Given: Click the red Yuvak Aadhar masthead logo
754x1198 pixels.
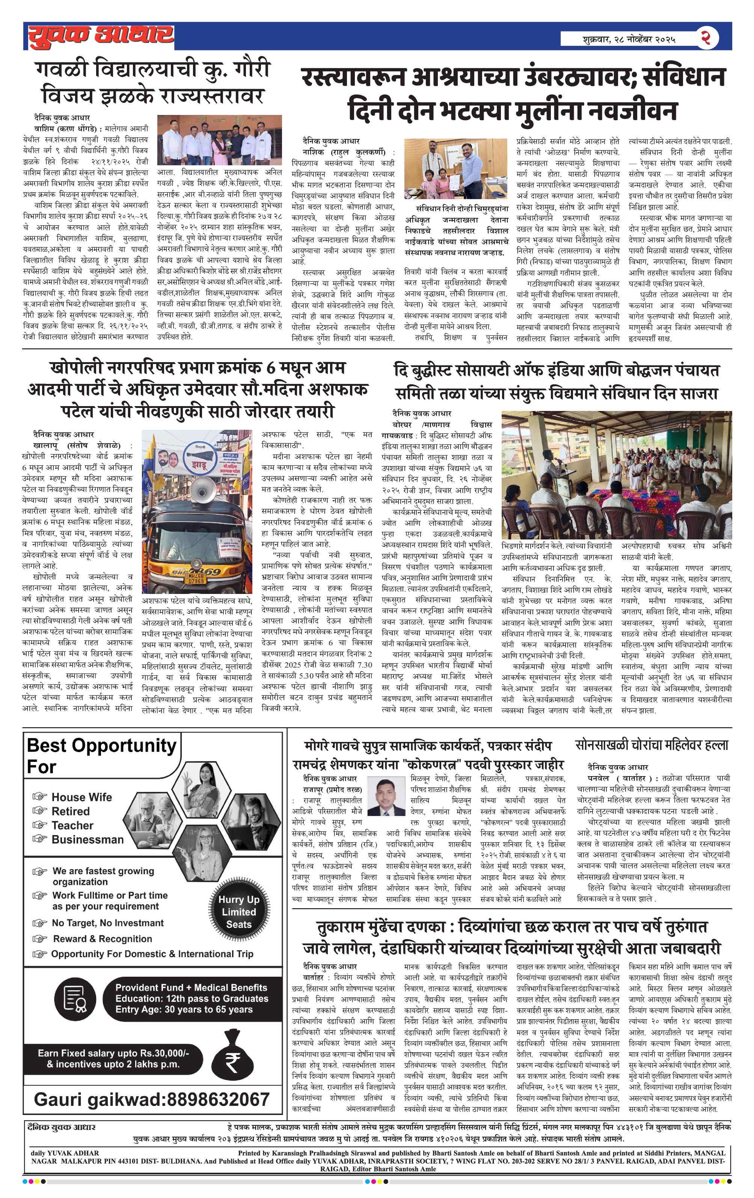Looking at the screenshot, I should click(101, 36).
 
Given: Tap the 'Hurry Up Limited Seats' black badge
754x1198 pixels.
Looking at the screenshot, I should click(239, 911).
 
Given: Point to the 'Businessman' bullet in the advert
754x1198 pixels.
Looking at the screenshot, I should click(87, 839).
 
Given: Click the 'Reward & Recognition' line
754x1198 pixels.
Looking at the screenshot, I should click(103, 939).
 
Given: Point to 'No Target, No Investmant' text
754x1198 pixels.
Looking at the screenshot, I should click(107, 923).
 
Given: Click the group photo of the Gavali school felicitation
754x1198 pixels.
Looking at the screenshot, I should click(219, 140).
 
